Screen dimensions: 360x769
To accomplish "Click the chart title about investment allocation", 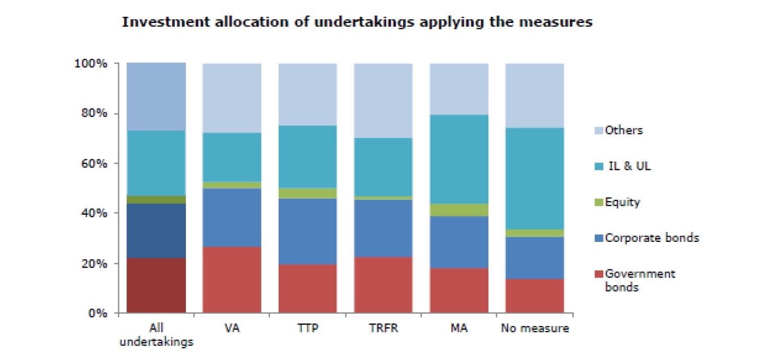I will coord(357,22).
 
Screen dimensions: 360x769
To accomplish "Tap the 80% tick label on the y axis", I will coord(94,113).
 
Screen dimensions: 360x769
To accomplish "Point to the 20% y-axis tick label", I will coord(94,263).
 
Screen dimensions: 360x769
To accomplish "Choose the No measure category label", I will coord(535,329).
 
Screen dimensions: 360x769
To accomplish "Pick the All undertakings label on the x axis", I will coord(156,335).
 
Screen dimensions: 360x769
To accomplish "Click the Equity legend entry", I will coord(622,202).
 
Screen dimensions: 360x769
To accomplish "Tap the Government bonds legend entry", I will coord(640,280).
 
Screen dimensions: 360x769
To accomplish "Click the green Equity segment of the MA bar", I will coord(459,210).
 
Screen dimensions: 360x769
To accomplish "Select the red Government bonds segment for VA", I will coord(232,280).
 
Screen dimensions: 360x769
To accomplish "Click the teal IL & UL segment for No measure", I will coord(535,178).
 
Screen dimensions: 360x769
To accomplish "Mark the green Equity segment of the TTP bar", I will coord(307,193).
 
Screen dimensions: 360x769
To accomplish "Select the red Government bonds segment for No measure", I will coord(535,296).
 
